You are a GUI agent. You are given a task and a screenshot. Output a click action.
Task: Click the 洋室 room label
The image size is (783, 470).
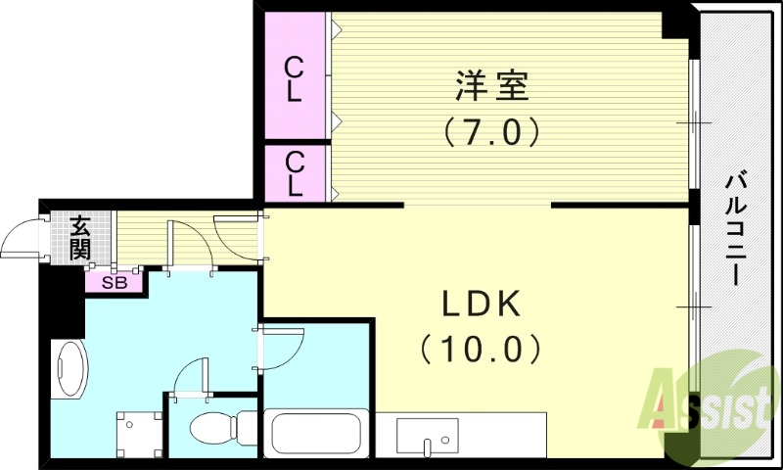[x=491, y=87]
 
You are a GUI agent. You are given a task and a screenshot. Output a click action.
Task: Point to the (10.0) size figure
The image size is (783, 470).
[x=480, y=348]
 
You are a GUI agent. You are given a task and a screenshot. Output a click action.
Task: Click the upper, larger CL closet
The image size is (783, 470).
[x=294, y=78]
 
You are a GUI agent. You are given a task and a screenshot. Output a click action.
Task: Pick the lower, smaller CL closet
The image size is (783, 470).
[x=294, y=172]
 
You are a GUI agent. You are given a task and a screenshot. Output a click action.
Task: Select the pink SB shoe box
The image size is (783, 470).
[x=115, y=283]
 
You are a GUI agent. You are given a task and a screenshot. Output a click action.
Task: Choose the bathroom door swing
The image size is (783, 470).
[x=282, y=343]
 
